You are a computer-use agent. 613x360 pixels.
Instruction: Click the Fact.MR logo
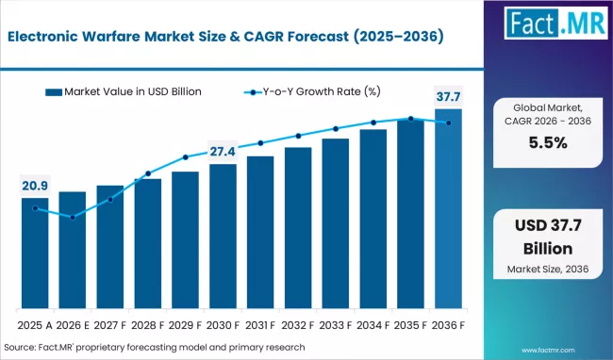[x=555, y=23]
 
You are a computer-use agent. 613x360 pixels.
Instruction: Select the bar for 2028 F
[x=148, y=244]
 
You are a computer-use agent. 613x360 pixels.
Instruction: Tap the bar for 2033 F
[x=336, y=223]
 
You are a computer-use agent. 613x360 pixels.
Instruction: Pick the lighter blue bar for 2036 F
[x=448, y=208]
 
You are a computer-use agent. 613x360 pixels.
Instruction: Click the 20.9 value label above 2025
[x=35, y=186]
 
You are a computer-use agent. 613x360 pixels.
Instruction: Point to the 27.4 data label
[x=223, y=151]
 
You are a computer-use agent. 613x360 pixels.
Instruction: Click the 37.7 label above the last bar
[x=448, y=96]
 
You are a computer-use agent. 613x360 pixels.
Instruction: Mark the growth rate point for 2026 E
[x=73, y=218]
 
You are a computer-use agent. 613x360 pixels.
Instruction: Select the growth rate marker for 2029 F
[x=185, y=157]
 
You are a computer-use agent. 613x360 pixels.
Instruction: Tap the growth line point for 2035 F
[x=411, y=119]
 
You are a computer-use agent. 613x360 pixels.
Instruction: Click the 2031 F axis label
[x=260, y=325]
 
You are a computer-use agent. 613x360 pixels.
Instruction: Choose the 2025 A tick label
[x=35, y=325]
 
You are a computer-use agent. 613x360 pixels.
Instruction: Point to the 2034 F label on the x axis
[x=373, y=325]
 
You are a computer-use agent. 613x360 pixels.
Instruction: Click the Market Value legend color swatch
[x=54, y=92]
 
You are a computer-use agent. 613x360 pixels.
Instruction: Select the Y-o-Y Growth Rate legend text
[x=322, y=91]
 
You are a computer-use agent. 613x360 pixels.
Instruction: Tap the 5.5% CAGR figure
[x=548, y=143]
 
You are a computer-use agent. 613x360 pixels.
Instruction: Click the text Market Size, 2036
[x=548, y=269]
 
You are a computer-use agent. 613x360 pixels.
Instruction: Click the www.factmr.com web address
[x=548, y=351]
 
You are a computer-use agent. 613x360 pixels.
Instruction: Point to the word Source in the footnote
[x=20, y=347]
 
